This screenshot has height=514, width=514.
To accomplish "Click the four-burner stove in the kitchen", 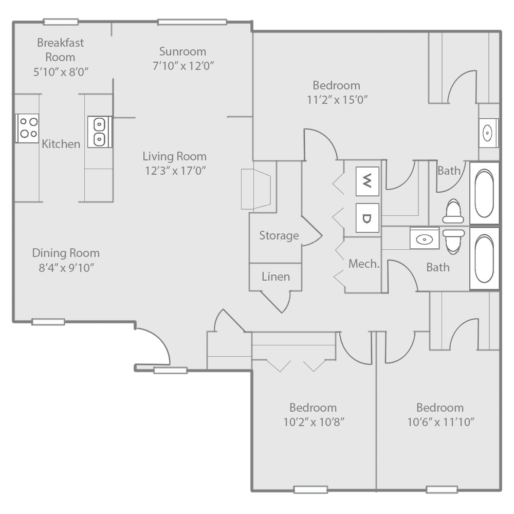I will (x=27, y=128).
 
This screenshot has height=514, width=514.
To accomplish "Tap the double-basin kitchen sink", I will (x=99, y=132).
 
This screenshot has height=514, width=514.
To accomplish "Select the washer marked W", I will (x=367, y=181).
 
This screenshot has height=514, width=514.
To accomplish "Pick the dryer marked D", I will (x=367, y=218).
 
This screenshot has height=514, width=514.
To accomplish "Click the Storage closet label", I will (x=279, y=235).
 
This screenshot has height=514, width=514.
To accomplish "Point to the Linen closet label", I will (x=276, y=277).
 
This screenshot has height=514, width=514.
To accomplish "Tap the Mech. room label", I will (x=364, y=264).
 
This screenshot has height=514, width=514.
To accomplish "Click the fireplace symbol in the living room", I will (x=256, y=189).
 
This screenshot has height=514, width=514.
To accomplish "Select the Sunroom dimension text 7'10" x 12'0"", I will (x=182, y=65).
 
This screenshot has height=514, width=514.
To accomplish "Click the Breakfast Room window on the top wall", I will (x=61, y=22).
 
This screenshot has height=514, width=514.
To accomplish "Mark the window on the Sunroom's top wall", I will (x=192, y=22).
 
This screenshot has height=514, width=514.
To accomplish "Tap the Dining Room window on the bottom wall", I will (x=48, y=322).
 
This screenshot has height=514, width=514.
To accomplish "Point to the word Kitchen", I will (x=61, y=144).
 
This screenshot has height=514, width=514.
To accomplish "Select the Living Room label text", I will (x=174, y=156).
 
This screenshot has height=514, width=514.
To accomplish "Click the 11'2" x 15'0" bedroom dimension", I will (x=337, y=100).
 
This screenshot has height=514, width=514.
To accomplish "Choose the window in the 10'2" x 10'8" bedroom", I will (x=310, y=489).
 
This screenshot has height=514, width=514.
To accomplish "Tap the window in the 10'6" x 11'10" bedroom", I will (x=442, y=489).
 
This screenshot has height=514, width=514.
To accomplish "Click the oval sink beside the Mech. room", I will (x=424, y=238).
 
